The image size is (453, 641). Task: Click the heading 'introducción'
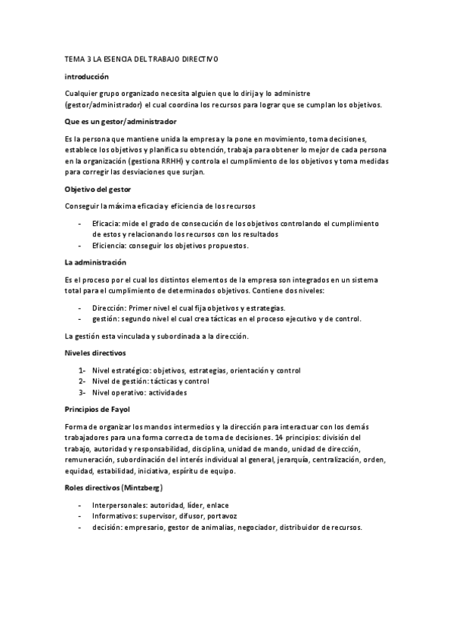tap(87, 76)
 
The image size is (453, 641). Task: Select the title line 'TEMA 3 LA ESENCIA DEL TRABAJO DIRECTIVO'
tap(141, 59)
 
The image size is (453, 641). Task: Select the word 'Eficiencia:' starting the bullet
tap(111, 245)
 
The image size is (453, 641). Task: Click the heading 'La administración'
tap(95, 262)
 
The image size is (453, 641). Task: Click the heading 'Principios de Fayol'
tap(98, 409)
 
